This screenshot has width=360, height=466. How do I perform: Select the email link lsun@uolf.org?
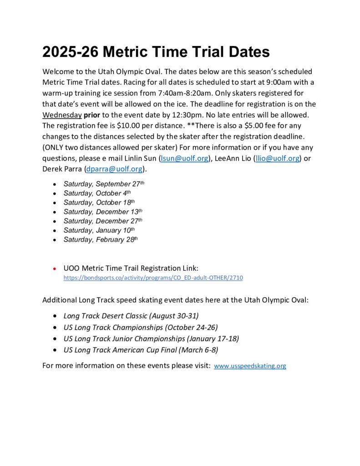[x=185, y=158]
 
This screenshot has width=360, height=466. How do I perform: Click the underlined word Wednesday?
[x=62, y=115]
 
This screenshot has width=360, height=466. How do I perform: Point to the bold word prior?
[x=92, y=115]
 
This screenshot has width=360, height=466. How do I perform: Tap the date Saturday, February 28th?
[x=100, y=239]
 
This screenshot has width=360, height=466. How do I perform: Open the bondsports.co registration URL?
[x=153, y=277]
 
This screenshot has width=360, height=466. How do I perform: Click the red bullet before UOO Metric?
[x=55, y=268]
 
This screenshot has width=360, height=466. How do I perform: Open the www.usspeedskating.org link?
[x=250, y=365]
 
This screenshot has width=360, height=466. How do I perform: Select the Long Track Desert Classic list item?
[x=131, y=315]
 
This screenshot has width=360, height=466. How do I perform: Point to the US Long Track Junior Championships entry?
[x=151, y=339]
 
